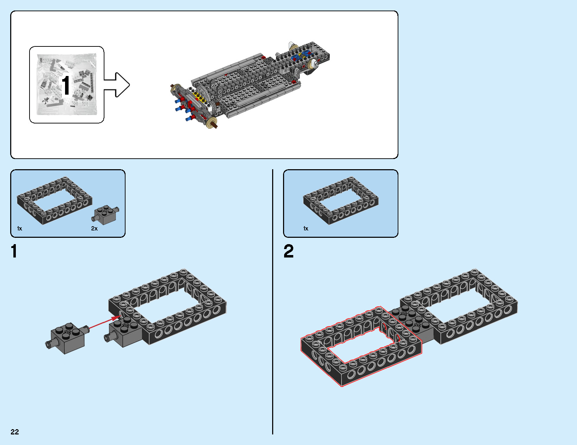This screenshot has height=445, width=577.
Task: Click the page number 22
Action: point(14,432)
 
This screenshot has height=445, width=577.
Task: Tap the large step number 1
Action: point(14,252)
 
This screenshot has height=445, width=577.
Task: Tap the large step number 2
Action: point(288,252)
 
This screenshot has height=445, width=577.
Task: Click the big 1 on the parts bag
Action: point(66,85)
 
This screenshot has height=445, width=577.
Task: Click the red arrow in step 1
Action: point(104,323)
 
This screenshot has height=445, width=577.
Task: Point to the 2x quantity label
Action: point(94,229)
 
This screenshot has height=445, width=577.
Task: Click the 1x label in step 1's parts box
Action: point(20,229)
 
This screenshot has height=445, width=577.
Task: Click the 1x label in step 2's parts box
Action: point(306,229)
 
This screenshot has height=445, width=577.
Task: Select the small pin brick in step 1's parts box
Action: point(105,215)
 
